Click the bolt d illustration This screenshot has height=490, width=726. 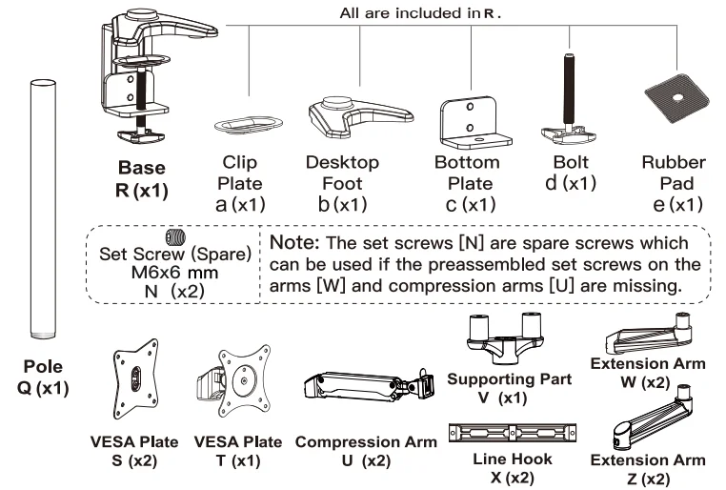pos(570,106)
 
